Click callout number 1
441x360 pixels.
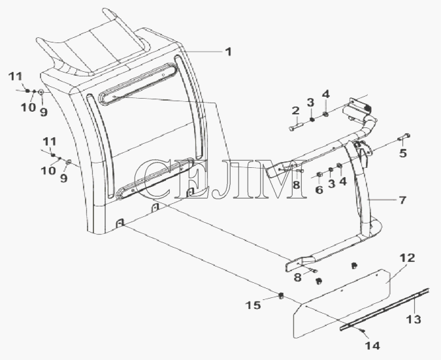coord(229,52)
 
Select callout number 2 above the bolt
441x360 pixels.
coord(295,111)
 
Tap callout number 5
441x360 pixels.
coord(403,153)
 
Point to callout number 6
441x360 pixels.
coord(319,190)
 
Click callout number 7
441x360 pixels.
coord(402,200)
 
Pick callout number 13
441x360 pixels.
coord(414,319)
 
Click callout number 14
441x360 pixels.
coord(372,346)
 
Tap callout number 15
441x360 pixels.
coord(253,305)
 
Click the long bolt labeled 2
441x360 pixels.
coord(295,125)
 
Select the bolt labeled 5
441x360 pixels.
coord(404,137)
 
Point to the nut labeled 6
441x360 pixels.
coord(319,175)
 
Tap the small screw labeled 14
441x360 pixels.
coord(364,331)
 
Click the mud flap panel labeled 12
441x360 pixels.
coord(342,304)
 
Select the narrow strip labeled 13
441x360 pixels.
coord(384,309)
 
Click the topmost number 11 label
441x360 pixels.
coord(15,76)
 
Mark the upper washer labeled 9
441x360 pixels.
coord(41,92)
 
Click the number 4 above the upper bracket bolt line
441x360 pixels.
coord(325,94)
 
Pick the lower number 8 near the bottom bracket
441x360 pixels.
coord(297,278)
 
